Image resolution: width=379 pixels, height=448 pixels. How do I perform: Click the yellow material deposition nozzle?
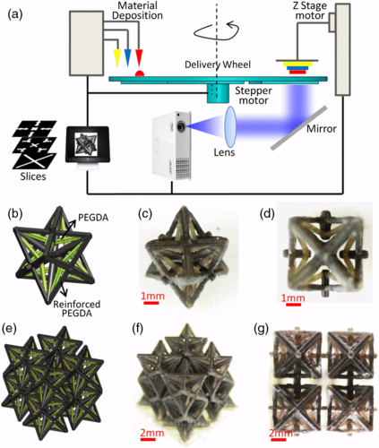point(117,58)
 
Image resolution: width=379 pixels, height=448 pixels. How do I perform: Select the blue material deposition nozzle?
point(128,57)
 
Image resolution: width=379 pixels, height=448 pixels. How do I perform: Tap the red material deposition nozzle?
point(139,57)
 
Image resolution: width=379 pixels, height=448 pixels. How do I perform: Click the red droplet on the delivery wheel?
point(140,73)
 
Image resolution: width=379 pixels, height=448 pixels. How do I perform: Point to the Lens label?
point(224,152)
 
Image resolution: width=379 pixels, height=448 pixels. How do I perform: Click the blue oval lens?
point(230,126)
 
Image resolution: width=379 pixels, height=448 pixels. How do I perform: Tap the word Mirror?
point(322,129)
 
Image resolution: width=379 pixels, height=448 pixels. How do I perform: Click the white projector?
point(171,146)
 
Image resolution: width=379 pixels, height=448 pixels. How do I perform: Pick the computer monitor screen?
point(88,145)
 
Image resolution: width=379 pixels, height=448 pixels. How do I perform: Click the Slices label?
point(33,177)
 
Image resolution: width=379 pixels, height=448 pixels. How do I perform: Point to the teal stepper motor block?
point(218,93)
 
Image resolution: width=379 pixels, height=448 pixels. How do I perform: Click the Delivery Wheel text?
point(218,65)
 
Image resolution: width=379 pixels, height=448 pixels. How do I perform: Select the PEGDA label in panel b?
point(93,218)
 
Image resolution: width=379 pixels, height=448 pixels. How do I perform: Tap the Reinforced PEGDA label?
point(77,308)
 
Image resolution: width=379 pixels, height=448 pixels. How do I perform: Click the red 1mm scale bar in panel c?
point(151,303)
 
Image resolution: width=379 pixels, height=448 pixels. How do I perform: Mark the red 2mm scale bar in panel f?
point(149,439)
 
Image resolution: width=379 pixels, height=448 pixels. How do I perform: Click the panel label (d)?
point(267,214)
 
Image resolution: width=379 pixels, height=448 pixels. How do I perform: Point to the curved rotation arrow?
point(216,31)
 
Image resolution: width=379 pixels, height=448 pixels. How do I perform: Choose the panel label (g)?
point(261,329)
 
